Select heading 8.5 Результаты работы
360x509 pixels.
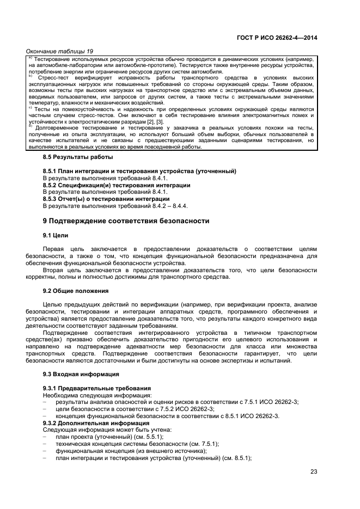[78, 157]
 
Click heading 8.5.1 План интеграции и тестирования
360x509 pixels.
[139, 171]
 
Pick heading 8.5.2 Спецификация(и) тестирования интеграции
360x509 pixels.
[117, 185]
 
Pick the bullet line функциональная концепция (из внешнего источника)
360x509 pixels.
[131, 451]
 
